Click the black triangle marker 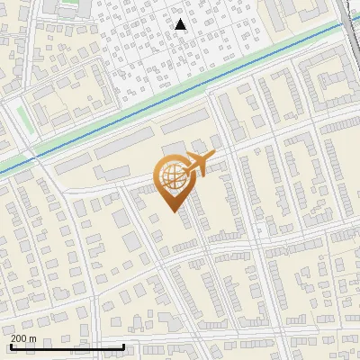(181, 24)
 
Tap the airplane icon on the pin (197, 164)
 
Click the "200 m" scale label (23, 337)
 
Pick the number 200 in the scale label (18, 337)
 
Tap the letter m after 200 (32, 337)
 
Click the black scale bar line (67, 346)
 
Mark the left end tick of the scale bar (11, 346)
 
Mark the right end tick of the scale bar (123, 346)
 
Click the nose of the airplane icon (212, 157)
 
